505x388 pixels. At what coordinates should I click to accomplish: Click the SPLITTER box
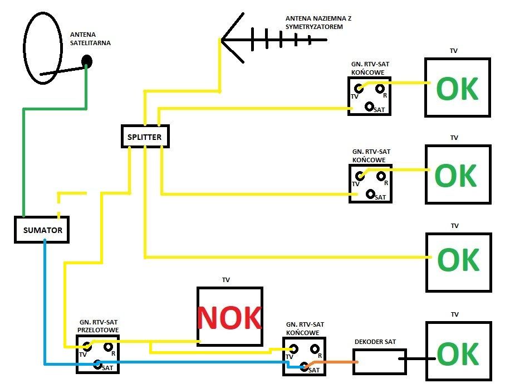pos(145,136)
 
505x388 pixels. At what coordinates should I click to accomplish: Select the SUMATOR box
pos(42,230)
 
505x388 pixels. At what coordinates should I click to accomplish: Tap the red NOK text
pos(229,318)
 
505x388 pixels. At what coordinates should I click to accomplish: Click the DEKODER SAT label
pos(375,342)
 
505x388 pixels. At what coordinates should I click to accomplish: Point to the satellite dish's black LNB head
pos(86,60)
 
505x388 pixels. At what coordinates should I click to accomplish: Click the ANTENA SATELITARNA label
pos(90,38)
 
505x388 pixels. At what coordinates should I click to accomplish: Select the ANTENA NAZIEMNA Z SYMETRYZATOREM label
pos(317,22)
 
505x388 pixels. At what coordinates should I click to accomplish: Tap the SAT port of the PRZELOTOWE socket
pos(97,365)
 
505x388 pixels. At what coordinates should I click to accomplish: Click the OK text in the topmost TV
pos(457,89)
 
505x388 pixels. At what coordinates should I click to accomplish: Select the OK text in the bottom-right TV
pos(458,354)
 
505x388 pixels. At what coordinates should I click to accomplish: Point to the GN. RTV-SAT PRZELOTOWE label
pos(98,326)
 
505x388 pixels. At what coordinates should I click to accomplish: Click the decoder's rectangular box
pos(379,361)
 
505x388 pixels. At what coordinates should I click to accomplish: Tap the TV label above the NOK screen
pos(225,280)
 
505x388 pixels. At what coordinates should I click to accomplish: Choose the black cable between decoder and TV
pos(416,361)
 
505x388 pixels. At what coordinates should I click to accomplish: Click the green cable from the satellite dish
pos(23,162)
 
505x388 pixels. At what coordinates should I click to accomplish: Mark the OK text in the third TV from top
pos(458,259)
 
